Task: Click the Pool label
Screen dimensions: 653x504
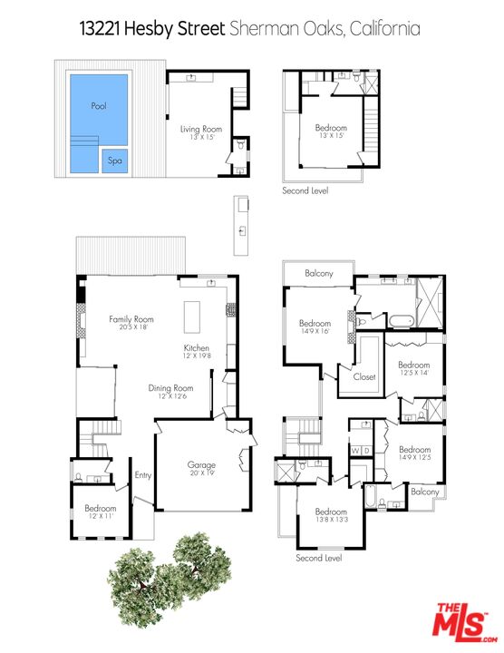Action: (99, 106)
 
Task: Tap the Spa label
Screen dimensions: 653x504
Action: (115, 161)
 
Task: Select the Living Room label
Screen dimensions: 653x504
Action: (201, 130)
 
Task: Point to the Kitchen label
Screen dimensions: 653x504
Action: (197, 348)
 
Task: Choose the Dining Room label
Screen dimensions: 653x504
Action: (170, 388)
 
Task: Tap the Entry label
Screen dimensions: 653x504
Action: (143, 473)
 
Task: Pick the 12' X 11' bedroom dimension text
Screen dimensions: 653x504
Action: (100, 517)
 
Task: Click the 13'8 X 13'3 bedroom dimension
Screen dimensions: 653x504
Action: (331, 520)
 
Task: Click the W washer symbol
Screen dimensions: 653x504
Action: (355, 451)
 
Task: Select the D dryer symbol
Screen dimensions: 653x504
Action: (367, 451)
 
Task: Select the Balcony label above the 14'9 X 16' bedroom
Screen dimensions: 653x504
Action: (319, 274)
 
